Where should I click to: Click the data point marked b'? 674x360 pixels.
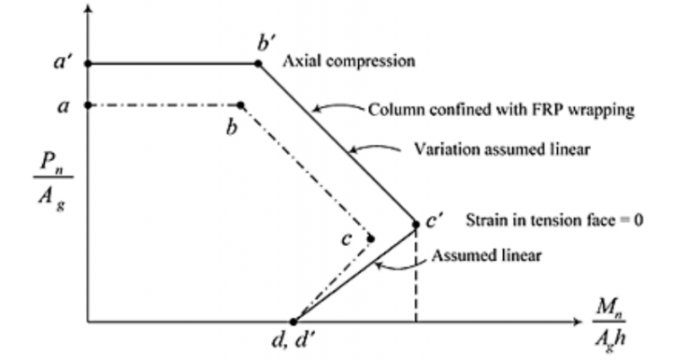coord(258,64)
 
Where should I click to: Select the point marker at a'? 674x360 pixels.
coord(87,64)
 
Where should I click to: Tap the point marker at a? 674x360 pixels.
coord(87,105)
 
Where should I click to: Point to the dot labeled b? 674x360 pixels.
coord(241,105)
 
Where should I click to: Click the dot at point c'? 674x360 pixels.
coord(417,224)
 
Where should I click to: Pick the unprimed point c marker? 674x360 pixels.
coord(371,238)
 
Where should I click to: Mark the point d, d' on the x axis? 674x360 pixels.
coord(294,321)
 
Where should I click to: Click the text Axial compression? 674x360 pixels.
coord(348,62)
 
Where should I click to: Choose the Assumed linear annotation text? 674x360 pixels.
coord(486,255)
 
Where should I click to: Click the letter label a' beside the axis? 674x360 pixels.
coord(63,64)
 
